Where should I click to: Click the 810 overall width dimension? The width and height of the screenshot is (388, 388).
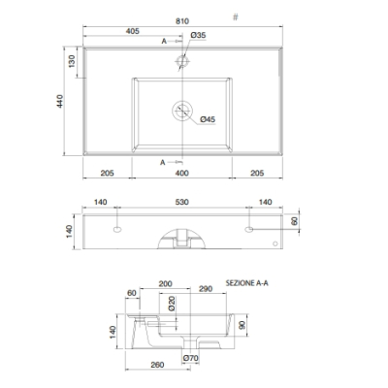point(182,21)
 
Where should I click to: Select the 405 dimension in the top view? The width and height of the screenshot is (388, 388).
point(133,31)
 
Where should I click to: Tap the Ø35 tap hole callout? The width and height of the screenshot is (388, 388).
point(198,35)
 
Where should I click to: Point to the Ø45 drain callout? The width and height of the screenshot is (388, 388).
point(208,119)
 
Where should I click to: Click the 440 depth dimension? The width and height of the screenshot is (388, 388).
point(60,101)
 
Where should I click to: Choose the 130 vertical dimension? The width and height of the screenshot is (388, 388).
point(72,61)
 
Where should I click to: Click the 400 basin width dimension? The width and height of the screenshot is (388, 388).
point(182,174)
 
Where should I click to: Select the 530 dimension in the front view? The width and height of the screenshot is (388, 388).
point(182,202)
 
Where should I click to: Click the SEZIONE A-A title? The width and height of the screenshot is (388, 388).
point(247,283)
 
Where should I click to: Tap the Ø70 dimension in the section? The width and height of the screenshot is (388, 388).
point(190,358)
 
